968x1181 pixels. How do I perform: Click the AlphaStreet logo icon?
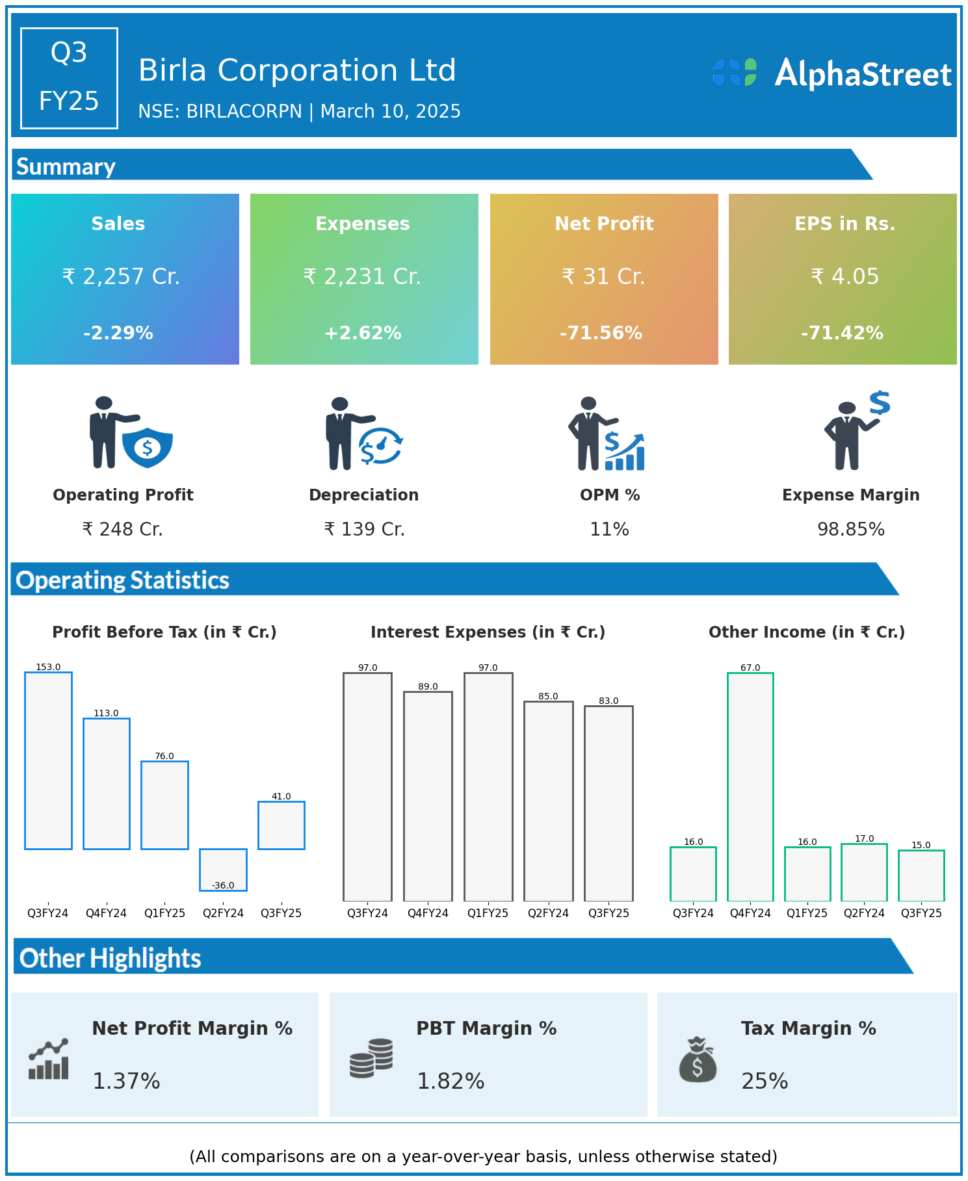coord(735,72)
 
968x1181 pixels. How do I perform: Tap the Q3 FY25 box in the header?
coord(69,78)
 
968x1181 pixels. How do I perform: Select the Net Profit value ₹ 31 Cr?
coord(603,277)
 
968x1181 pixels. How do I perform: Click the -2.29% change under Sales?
coord(118,333)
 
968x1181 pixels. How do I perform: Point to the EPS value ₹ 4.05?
coord(844,277)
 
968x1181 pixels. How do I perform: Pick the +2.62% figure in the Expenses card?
coord(363,333)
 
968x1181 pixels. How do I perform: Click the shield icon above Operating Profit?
coord(148,447)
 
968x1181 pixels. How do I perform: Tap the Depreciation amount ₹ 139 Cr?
coord(364,530)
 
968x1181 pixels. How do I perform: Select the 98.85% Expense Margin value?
coord(850,530)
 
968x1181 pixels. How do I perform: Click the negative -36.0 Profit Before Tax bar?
coord(223,869)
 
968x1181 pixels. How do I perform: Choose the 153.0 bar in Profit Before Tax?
coord(48,760)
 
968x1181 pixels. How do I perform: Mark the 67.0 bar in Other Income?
coord(750,786)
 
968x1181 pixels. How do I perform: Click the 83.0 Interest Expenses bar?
coord(608,803)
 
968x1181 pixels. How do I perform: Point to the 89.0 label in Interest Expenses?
coord(428,686)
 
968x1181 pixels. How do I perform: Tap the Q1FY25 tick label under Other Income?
coord(807,913)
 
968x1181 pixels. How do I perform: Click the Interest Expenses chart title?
coord(488,632)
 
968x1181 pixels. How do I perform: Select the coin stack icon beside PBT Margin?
coord(371,1058)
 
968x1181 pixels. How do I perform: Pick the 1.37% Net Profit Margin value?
coord(126,1082)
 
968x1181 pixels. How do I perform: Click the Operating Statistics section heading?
coord(123,580)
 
